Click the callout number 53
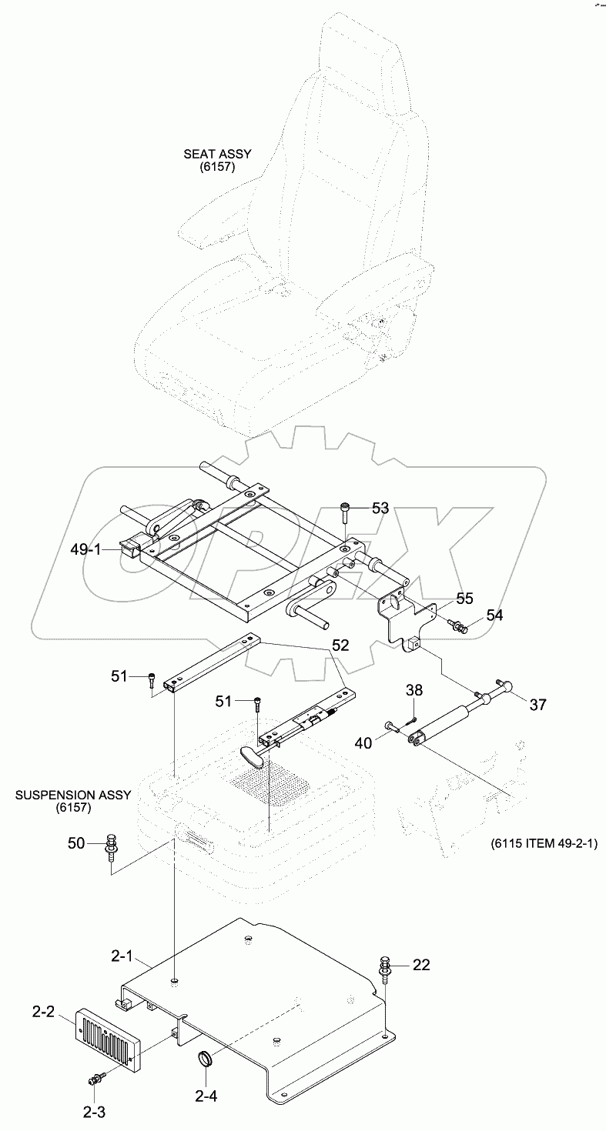380,508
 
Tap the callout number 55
464,597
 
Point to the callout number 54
494,616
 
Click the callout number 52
341,645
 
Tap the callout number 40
363,742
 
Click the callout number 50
75,843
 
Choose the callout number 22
420,965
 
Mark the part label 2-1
122,956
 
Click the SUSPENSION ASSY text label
73,800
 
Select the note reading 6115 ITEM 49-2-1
543,843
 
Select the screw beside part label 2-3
96,1080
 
